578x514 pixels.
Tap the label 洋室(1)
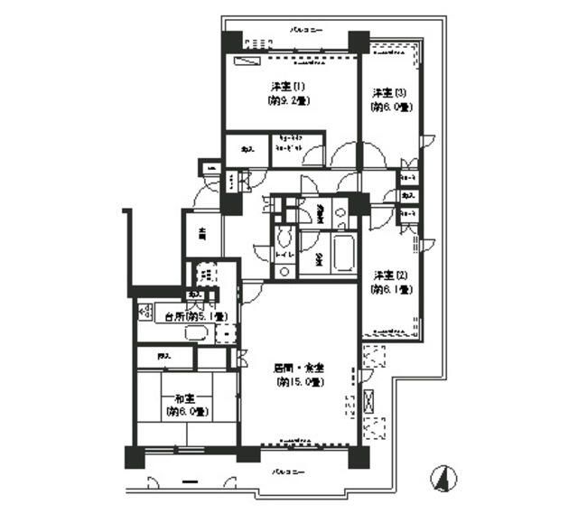coord(288,87)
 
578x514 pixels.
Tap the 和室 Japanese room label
coord(187,398)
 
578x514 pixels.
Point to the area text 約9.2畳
coord(288,101)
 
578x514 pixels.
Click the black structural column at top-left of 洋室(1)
coord(232,42)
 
